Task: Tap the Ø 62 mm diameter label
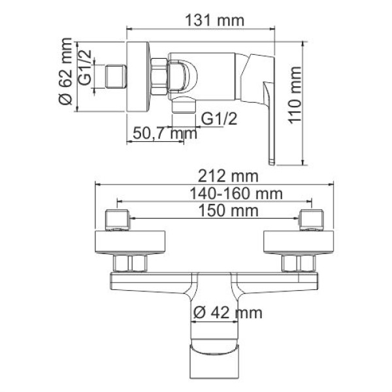point(65,77)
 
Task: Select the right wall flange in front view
point(297,243)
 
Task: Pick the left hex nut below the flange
point(131,263)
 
